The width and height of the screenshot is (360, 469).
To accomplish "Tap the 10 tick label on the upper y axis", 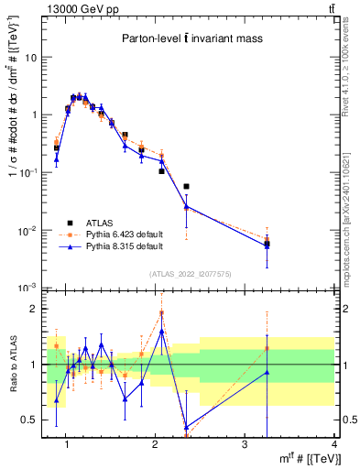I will [x=32, y=57].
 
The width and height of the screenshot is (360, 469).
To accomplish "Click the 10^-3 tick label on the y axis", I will [x=29, y=289].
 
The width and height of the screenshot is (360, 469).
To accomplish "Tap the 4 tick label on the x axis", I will [x=334, y=444].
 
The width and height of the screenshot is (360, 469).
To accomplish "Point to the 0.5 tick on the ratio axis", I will [x=29, y=420].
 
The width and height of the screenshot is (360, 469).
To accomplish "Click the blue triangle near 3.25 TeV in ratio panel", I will [x=267, y=372].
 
